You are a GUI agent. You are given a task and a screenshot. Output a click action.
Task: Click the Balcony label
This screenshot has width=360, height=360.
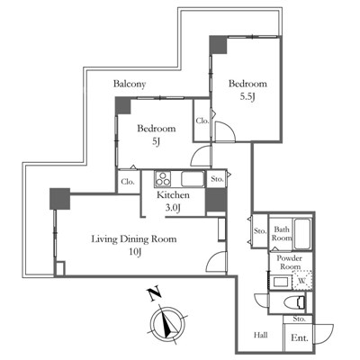point(130,85)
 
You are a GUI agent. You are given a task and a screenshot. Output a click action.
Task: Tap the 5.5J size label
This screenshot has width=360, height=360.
point(247,96)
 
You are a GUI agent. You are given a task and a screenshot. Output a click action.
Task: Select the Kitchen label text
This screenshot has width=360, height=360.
point(173,195)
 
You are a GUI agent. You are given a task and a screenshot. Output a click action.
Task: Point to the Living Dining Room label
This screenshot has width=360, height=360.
point(134,239)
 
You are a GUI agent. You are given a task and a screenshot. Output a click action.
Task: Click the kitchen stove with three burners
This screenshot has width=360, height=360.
point(163,179)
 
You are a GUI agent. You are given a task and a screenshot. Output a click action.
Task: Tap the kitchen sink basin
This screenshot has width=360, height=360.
point(193,179)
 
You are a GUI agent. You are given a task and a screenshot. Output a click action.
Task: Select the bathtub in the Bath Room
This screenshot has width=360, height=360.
point(302,234)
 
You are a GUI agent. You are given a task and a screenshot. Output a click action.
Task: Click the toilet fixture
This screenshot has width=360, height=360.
point(295,302)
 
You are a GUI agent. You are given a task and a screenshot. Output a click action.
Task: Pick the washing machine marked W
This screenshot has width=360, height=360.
point(302,281)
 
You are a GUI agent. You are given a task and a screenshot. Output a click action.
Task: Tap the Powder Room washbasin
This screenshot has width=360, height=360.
point(282,283)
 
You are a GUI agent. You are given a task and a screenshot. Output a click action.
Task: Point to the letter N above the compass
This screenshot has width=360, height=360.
point(154,294)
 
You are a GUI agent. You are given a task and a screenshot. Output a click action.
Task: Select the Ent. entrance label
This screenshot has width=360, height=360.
point(300,338)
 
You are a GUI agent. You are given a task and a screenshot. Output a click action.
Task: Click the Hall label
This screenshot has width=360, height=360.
point(261,335)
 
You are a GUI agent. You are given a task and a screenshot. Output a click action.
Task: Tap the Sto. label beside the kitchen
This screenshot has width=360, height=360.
point(217,179)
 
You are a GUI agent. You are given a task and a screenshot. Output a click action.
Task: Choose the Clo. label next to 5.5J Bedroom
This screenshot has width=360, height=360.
point(202,121)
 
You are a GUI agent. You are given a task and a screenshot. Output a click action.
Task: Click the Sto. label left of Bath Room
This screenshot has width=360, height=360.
point(260,231)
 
